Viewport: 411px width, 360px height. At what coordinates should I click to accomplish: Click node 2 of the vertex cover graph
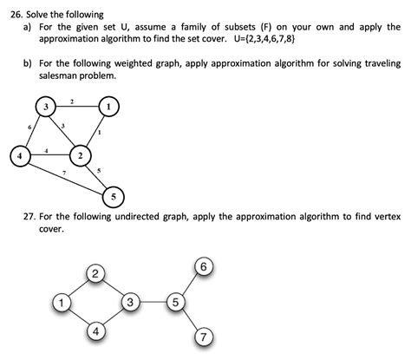click(x=95, y=276)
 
